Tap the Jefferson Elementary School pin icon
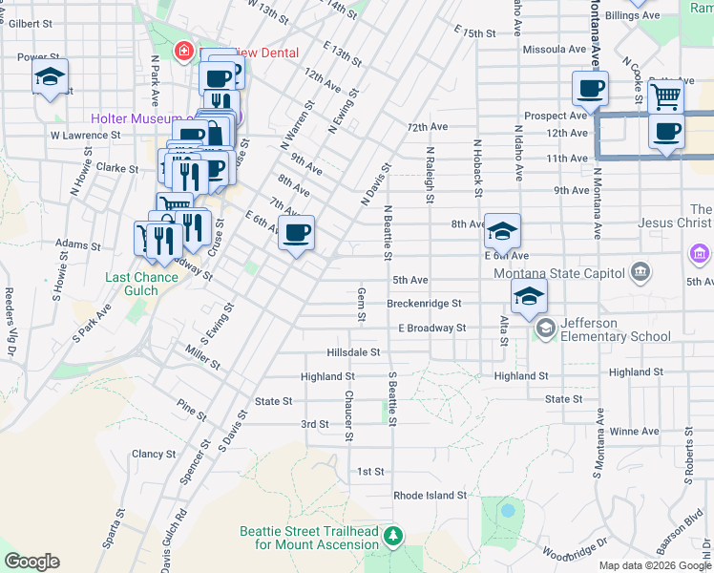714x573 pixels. tap(546, 329)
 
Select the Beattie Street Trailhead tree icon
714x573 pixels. tap(392, 538)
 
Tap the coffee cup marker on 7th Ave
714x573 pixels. tap(296, 232)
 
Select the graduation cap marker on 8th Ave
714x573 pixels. tap(502, 230)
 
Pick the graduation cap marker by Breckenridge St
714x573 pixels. tap(529, 295)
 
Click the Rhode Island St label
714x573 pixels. tap(430, 496)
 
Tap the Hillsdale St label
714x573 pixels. tap(353, 352)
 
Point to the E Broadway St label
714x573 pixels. tap(431, 328)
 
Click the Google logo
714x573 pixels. tap(31, 562)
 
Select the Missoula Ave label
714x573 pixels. tap(554, 49)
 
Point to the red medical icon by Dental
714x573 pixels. tap(181, 50)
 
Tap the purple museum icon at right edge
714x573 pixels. tap(700, 255)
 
